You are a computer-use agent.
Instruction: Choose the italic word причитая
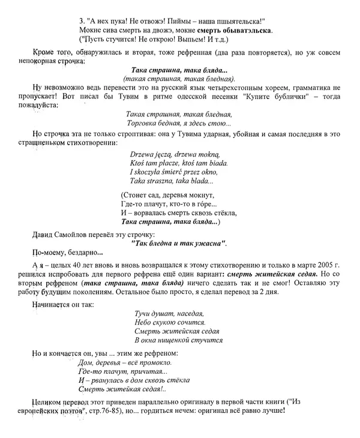pos(148,371)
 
